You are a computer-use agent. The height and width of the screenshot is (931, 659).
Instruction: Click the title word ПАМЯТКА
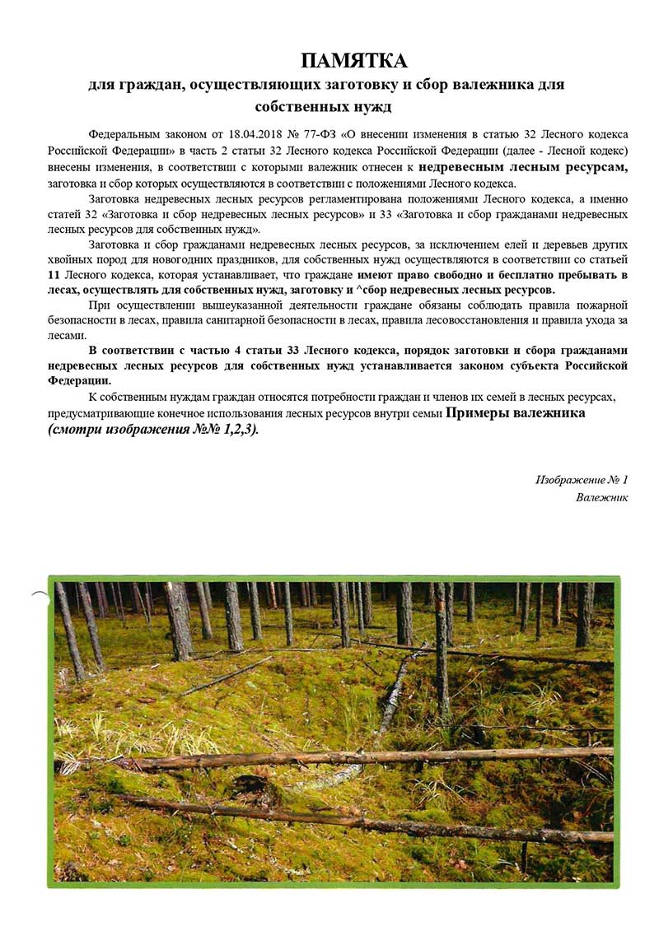click(x=354, y=61)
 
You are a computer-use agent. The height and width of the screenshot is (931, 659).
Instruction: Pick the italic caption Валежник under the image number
click(x=602, y=497)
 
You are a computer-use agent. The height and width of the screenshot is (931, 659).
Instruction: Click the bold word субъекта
click(x=522, y=365)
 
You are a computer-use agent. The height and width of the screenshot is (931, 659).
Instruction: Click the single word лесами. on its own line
click(x=67, y=336)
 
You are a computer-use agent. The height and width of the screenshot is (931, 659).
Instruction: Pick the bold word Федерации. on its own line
click(x=79, y=381)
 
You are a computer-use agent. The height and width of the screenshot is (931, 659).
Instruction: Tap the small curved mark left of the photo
click(x=39, y=593)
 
